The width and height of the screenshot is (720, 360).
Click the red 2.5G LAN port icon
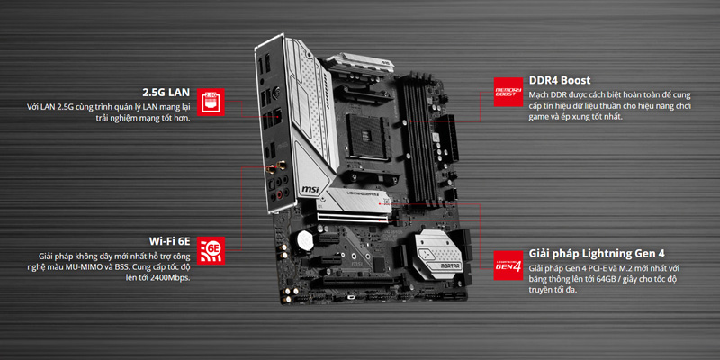point(211,102)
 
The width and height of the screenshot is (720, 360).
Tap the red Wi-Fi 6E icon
point(211,251)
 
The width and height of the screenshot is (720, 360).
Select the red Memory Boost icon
point(508,92)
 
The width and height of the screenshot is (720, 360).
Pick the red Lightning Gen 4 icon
point(508,265)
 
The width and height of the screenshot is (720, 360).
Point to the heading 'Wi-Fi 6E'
point(169,241)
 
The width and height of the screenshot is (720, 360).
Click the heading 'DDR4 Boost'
point(560,80)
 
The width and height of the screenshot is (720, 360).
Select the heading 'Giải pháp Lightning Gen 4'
point(597,254)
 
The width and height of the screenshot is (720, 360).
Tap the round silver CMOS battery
point(304,239)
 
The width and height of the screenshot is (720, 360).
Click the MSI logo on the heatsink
point(310,188)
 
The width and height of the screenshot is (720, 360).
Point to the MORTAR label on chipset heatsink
point(438,265)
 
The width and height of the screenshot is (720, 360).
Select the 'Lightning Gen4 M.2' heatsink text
point(359,194)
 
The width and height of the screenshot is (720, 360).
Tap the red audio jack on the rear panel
point(279,195)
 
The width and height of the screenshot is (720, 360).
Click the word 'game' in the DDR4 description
point(538,117)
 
